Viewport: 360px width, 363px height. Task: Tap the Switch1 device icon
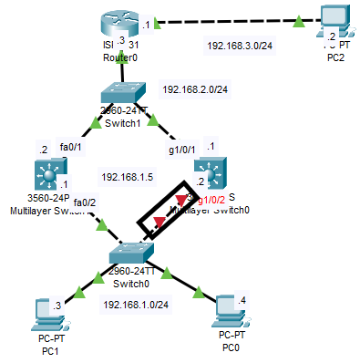pos(120,95)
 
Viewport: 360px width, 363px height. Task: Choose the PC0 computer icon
pos(229,315)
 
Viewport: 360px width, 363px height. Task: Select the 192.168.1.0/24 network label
pos(138,305)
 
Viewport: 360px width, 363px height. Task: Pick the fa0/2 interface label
pos(85,202)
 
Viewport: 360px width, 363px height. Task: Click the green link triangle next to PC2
pos(299,19)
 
